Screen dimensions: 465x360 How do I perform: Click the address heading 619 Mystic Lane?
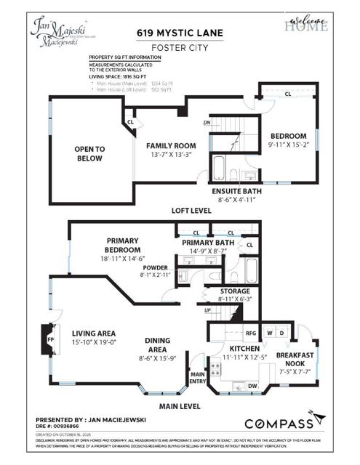[x=179, y=33]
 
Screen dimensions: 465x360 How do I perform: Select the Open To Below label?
[x=90, y=153]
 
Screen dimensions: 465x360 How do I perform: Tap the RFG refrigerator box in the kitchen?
[x=252, y=334]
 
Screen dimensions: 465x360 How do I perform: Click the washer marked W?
[x=271, y=334]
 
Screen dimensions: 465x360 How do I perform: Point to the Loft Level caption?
[x=191, y=211]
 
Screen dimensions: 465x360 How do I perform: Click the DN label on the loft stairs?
[x=207, y=123]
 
